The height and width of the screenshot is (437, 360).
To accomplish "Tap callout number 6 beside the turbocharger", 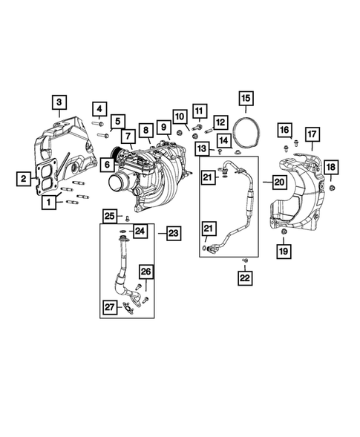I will point(107,165).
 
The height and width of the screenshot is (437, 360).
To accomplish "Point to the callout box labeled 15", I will point(245,97).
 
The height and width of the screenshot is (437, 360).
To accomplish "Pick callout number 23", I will point(172,233).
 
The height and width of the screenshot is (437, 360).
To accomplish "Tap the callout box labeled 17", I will point(312,134).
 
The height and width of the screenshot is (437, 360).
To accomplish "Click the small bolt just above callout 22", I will point(244,260).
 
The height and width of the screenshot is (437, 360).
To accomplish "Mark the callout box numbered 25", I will point(108,216).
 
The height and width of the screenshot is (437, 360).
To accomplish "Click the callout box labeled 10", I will point(179,116).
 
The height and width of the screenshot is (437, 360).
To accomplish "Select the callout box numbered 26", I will point(145,272).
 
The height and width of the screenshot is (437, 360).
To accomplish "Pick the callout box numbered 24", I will point(140,233).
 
